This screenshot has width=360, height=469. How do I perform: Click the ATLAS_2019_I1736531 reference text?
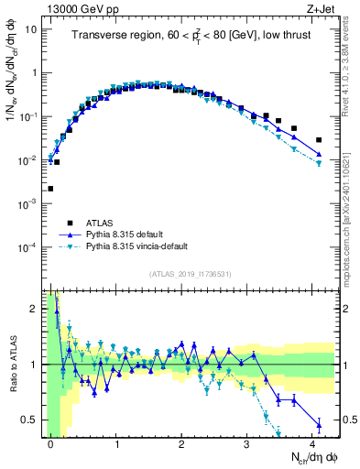(x=191, y=274)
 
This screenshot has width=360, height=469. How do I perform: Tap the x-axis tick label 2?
(x=183, y=443)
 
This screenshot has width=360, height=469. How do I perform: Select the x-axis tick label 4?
(x=314, y=443)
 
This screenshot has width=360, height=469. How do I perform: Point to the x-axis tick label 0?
(x=51, y=443)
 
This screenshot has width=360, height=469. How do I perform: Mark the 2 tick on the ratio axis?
(x=34, y=309)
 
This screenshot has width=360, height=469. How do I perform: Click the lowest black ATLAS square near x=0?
(x=50, y=189)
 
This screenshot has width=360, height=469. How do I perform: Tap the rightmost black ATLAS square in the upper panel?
(x=319, y=140)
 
